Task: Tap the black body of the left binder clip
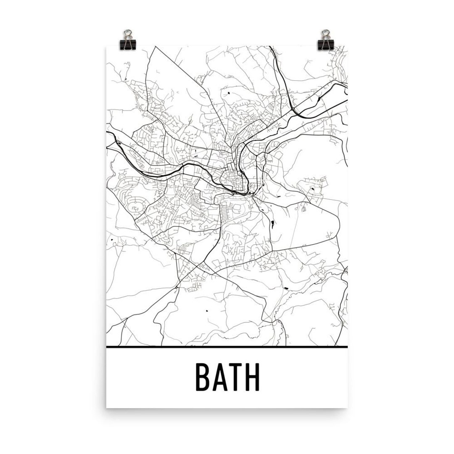pyautogui.click(x=127, y=43)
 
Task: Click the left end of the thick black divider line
pyautogui.click(x=107, y=347)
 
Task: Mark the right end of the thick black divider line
pyautogui.click(x=347, y=347)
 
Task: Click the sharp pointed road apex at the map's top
pyautogui.click(x=156, y=47)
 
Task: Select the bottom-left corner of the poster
pyautogui.click(x=106, y=407)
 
